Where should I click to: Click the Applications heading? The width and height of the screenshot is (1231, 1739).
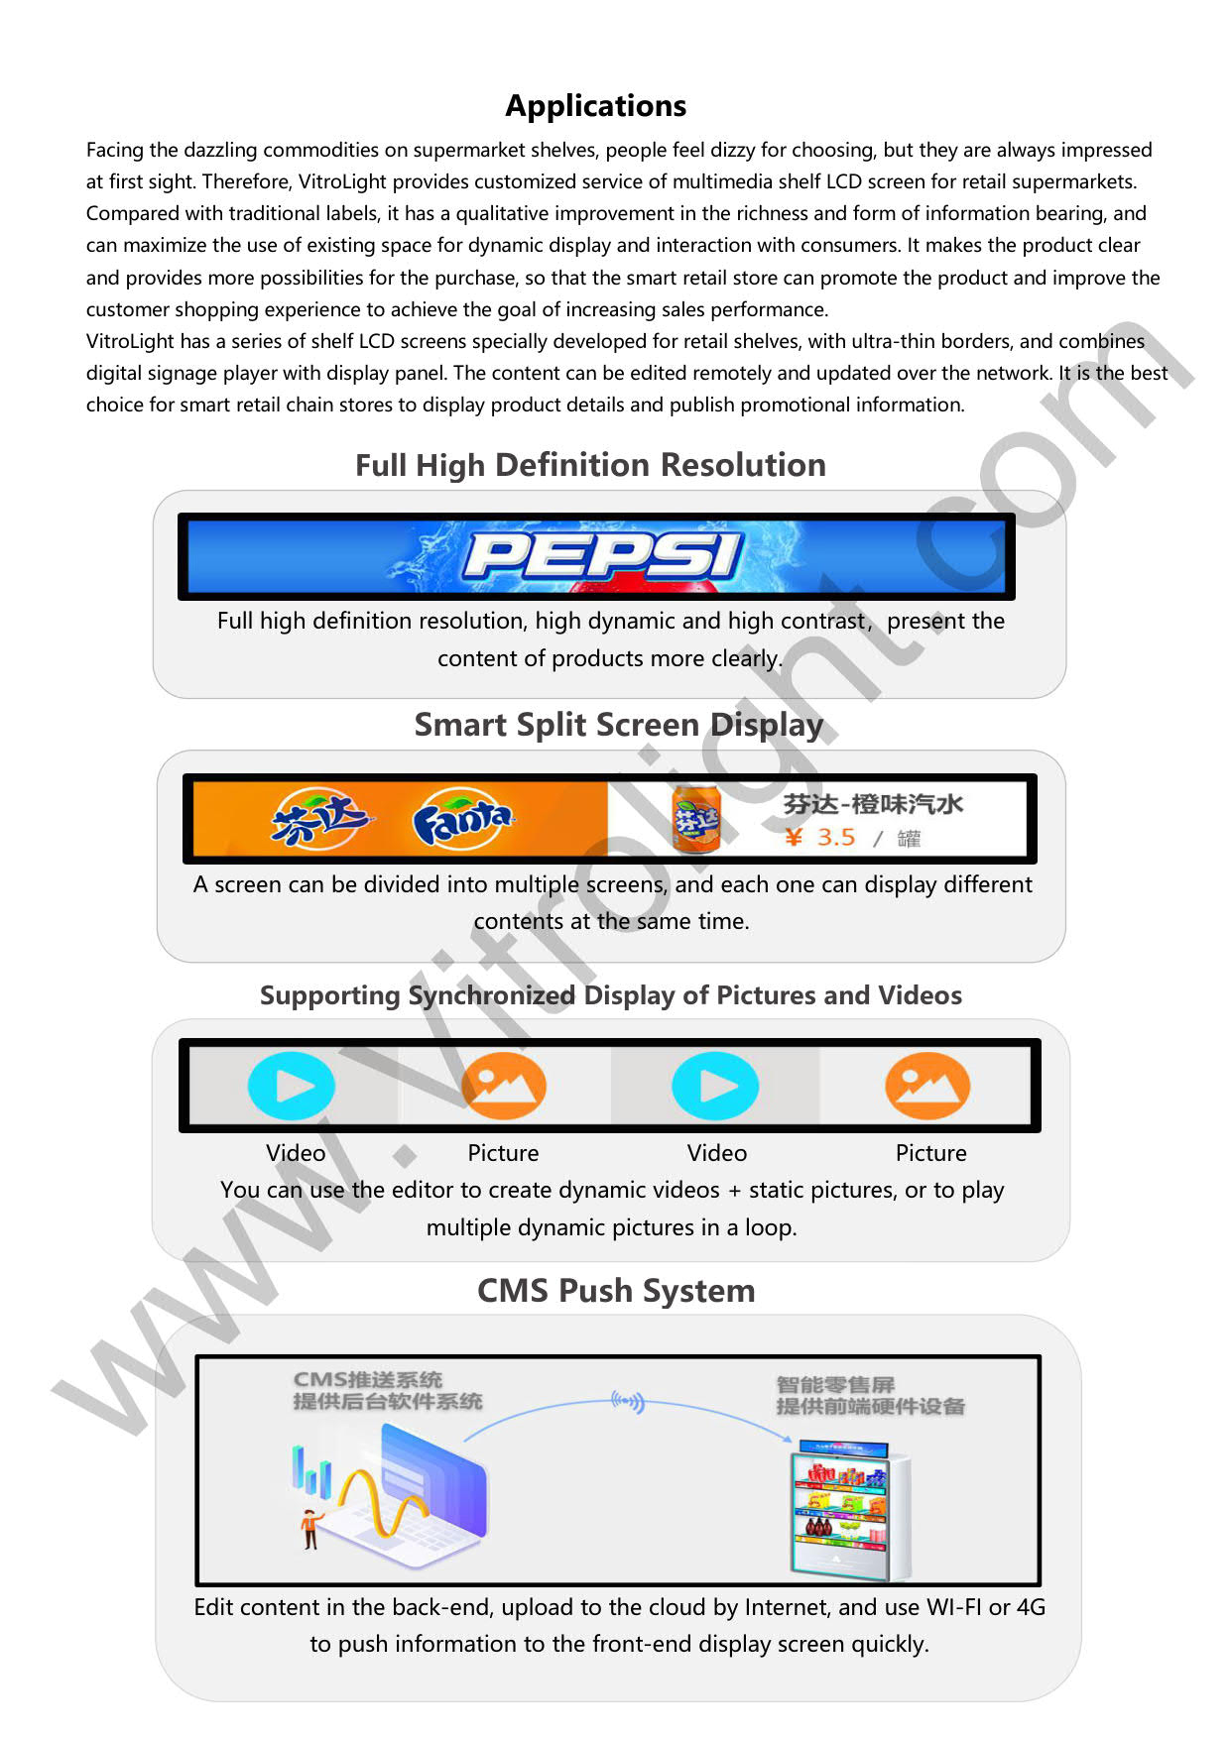595,106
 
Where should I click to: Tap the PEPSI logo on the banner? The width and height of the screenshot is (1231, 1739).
602,555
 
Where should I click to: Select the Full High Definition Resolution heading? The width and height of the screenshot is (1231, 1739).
590,465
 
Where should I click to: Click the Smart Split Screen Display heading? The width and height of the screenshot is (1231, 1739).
618,725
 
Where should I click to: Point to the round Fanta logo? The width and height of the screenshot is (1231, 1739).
462,820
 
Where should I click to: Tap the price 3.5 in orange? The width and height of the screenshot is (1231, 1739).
835,838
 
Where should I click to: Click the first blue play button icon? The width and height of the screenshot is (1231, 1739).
291,1087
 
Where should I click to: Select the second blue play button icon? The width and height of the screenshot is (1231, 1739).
715,1087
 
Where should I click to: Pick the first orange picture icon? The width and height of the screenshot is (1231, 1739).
503,1087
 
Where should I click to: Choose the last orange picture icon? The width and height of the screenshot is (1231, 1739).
926,1087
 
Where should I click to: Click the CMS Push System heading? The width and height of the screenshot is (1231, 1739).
616,1291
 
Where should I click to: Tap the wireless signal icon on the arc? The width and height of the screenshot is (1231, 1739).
628,1402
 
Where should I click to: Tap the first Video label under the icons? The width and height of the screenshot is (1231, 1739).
296,1153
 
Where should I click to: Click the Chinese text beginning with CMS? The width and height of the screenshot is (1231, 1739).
387,1390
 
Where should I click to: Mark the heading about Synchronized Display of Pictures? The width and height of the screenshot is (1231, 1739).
611,995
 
